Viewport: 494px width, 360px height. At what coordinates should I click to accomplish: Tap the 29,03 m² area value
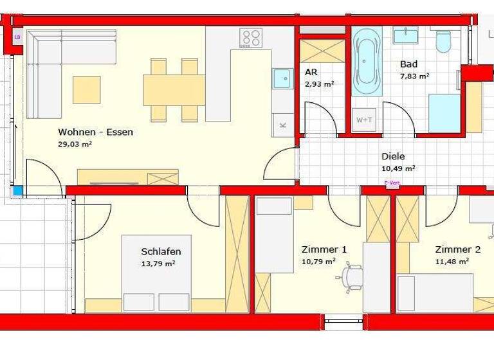point(75,145)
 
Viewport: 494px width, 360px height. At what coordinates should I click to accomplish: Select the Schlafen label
point(161,251)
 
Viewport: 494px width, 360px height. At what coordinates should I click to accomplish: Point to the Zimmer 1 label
point(324,249)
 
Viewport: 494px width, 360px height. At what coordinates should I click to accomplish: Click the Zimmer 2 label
point(457,249)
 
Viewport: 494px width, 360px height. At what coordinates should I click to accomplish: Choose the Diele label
point(394,156)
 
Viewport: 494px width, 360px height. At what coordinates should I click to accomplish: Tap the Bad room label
point(408,64)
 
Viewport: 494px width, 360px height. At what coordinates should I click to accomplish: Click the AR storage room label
point(311,73)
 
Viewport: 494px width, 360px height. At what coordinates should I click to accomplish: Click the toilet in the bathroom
point(443,42)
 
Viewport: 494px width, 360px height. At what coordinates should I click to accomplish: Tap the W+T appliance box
point(363,119)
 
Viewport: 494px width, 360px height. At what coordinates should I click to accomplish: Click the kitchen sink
point(281,78)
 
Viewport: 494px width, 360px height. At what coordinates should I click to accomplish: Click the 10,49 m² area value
point(398,168)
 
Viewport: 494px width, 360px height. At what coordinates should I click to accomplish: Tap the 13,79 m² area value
point(158,263)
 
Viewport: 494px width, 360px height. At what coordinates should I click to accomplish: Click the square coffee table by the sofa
point(86,89)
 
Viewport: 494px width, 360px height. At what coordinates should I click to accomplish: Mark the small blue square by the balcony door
point(17,191)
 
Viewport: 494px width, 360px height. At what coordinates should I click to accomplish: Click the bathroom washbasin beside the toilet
point(405,35)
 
